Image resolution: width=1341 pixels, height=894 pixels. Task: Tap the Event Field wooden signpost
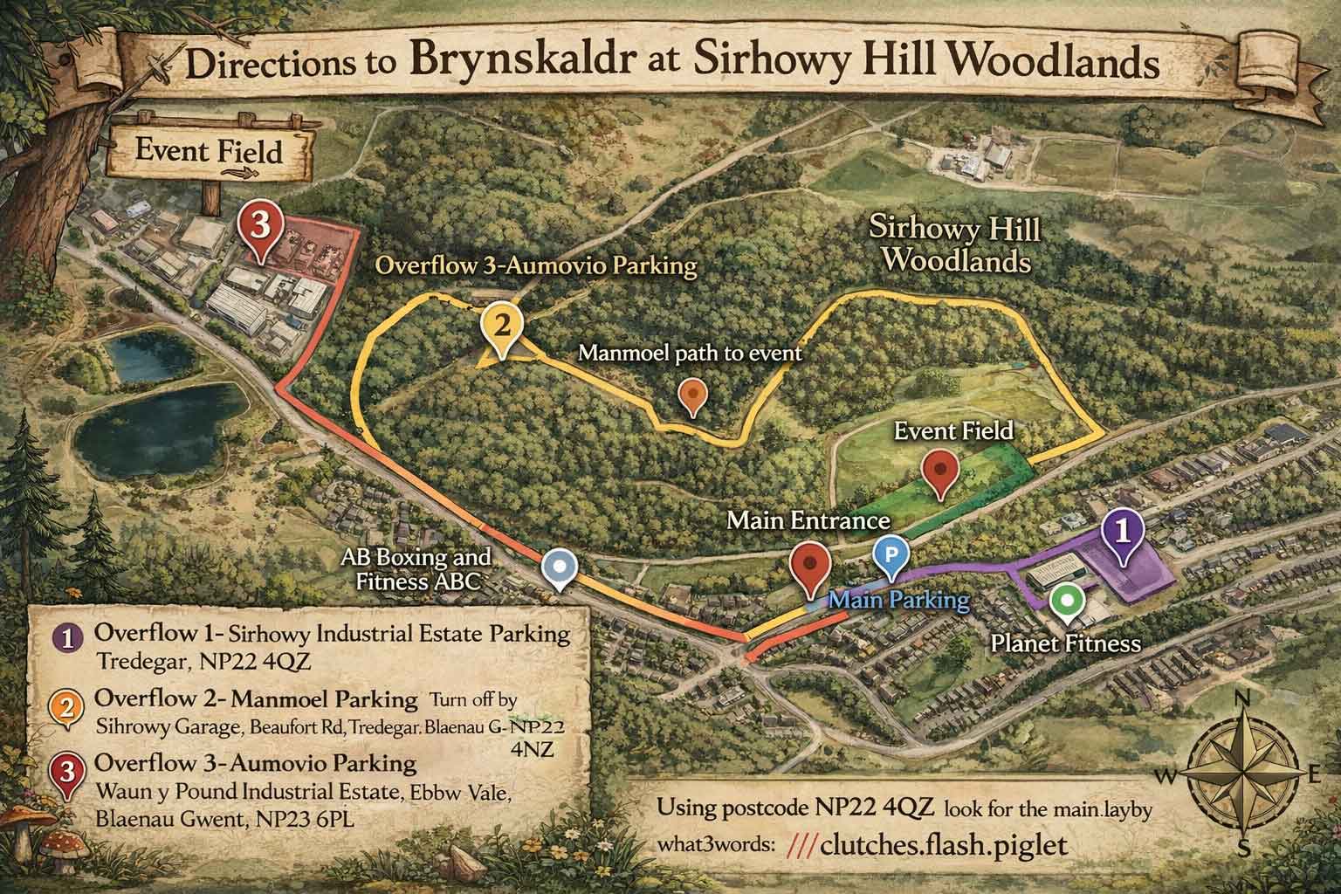[x=210, y=153]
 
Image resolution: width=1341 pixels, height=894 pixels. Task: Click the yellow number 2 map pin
[x=501, y=327]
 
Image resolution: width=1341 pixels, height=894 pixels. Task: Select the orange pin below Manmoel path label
[x=693, y=396]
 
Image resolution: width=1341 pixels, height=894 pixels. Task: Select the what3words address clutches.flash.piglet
[x=926, y=847]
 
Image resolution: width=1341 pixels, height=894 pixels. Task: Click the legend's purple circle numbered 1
[x=68, y=636]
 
